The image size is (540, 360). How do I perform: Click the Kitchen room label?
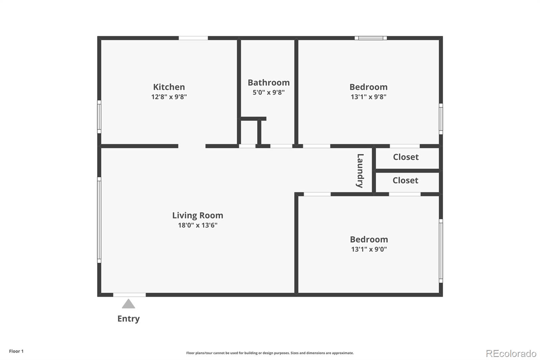[169, 87]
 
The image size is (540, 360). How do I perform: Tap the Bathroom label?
[269, 83]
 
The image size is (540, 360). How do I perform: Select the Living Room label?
[197, 215]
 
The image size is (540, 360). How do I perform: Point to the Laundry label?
[360, 171]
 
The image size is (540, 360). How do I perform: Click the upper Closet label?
[406, 157]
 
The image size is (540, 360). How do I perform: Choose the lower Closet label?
[405, 180]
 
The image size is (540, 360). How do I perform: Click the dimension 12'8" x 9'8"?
[169, 97]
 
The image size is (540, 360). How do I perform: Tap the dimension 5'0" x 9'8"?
[269, 93]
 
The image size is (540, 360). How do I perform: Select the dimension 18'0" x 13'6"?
[197, 225]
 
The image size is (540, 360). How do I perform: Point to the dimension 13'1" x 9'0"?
[369, 249]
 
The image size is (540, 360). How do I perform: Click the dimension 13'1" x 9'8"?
[368, 97]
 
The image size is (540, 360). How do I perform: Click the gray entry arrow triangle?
[128, 304]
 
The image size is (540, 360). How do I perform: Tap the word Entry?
[128, 319]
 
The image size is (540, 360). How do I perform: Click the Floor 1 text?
[16, 351]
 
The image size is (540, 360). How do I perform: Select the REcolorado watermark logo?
[511, 354]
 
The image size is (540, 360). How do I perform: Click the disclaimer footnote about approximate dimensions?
[270, 353]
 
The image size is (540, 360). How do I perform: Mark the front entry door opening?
[129, 295]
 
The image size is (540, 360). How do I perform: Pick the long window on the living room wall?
[99, 220]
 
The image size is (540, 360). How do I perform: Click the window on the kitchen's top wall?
[193, 38]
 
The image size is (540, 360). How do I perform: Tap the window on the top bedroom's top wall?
[371, 38]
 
